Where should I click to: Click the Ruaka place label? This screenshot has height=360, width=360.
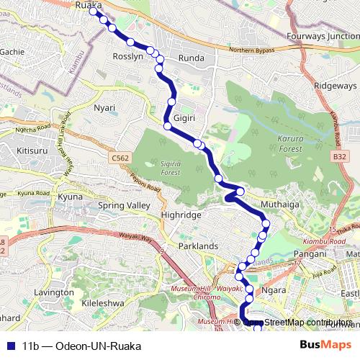(x=88, y=5)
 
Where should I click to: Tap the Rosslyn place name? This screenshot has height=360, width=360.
(x=129, y=56)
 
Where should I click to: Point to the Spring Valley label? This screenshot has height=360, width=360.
(x=123, y=206)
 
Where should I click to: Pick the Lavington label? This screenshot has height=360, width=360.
(x=53, y=293)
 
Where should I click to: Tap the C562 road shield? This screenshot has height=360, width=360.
(x=120, y=158)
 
